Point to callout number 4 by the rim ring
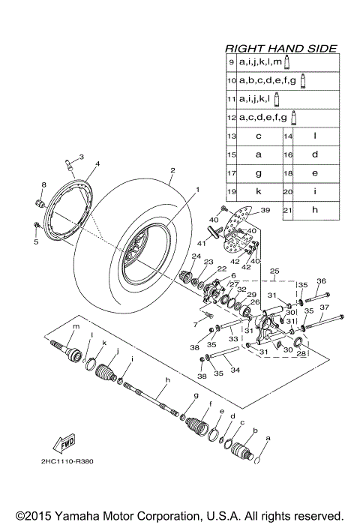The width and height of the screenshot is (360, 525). pyautogui.click(x=97, y=163)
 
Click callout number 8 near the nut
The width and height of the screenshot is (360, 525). pyautogui.click(x=43, y=184)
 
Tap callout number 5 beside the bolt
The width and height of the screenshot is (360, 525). pyautogui.click(x=35, y=242)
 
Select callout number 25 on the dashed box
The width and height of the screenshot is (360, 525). pyautogui.click(x=274, y=270)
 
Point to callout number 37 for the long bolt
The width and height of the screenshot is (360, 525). pyautogui.click(x=325, y=307)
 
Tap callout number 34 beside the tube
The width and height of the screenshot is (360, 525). pyautogui.click(x=235, y=369)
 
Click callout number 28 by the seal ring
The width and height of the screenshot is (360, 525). pyautogui.click(x=301, y=352)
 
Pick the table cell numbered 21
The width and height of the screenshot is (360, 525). pyautogui.click(x=287, y=210)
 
